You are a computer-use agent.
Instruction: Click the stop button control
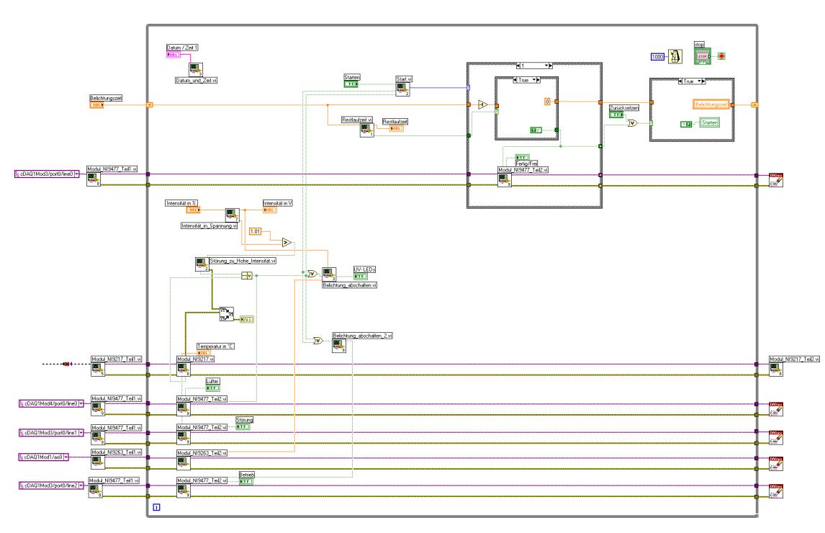coord(703,55)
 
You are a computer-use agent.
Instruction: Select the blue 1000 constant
coord(657,56)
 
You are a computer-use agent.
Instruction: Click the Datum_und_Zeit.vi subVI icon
coord(196,69)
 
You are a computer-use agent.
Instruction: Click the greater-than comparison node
coord(287,242)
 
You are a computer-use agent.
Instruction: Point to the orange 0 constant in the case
coord(547,102)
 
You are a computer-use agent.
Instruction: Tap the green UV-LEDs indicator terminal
coord(360,276)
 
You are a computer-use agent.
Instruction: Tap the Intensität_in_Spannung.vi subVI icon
coord(231,215)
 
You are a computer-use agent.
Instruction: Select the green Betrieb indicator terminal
coord(246,481)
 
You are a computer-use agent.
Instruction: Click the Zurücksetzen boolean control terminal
coord(616,115)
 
